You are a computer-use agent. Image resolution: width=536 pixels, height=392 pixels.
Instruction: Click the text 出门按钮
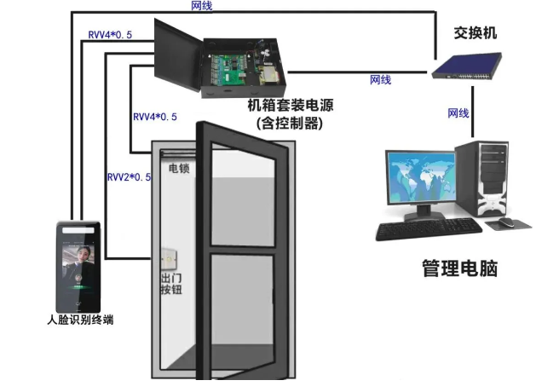coord(171,285)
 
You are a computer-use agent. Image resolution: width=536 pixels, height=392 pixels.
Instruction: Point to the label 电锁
coord(179,168)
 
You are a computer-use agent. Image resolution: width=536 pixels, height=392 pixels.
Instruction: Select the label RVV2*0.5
coord(129,177)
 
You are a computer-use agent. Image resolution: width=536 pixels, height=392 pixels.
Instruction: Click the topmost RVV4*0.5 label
coord(110,35)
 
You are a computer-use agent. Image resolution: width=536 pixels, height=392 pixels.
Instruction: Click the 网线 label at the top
coord(202,5)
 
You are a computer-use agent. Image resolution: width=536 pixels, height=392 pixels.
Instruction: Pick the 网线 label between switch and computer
coord(458,112)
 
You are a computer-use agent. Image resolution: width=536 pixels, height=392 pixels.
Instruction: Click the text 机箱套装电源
coord(285,107)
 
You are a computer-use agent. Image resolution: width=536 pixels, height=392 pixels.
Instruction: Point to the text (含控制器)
coord(286,123)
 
